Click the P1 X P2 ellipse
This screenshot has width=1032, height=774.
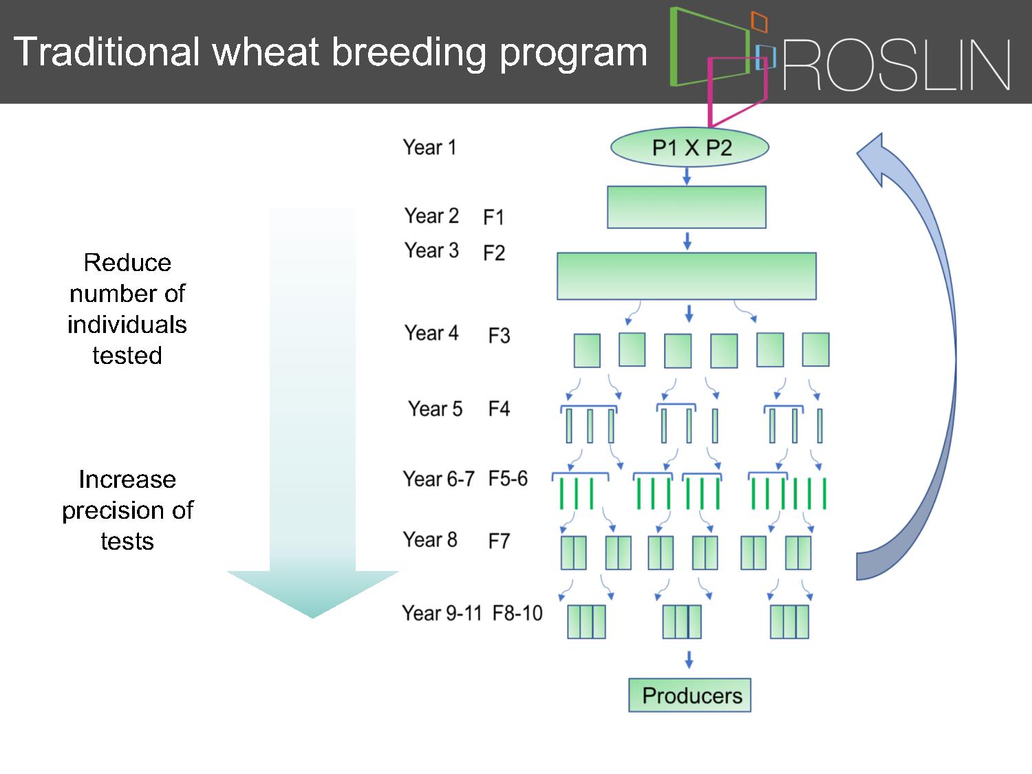(x=689, y=147)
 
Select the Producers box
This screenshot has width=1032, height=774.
(x=690, y=695)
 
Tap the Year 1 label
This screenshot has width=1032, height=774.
(x=430, y=147)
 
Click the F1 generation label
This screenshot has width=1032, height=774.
(x=494, y=217)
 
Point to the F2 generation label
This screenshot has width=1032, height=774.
(x=494, y=252)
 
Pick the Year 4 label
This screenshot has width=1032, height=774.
(x=431, y=333)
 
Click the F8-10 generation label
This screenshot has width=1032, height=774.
(x=517, y=613)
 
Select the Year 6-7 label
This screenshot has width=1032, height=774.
(x=439, y=478)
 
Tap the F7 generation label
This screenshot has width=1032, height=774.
(x=499, y=541)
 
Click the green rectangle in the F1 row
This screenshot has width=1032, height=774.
(x=687, y=207)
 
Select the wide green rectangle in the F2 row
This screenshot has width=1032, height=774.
(x=687, y=277)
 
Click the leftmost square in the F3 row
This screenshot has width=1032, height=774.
(x=587, y=351)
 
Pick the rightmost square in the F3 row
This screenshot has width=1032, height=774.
(x=816, y=350)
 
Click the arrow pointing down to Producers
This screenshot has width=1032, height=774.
(x=689, y=659)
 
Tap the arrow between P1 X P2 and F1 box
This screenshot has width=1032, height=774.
(x=687, y=176)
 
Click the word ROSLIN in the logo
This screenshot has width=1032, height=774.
(x=896, y=65)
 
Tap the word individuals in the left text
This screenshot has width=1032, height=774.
(x=127, y=324)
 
